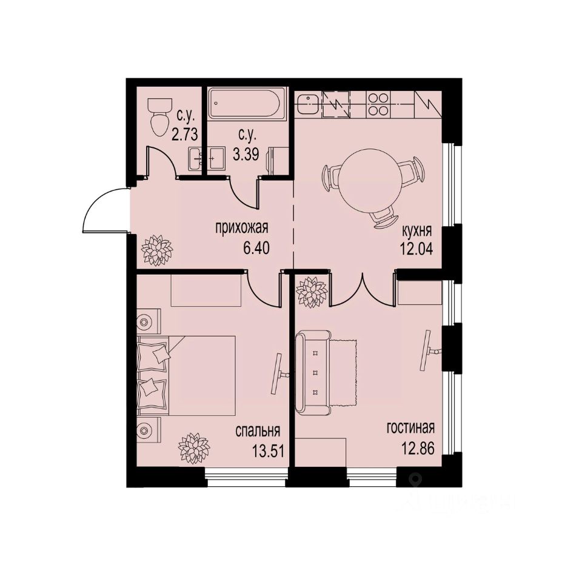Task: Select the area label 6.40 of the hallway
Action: pyautogui.click(x=255, y=247)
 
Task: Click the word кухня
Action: pyautogui.click(x=416, y=231)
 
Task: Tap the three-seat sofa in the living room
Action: pyautogui.click(x=315, y=371)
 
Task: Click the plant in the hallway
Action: pyautogui.click(x=156, y=250)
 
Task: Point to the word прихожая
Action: pyautogui.click(x=241, y=229)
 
